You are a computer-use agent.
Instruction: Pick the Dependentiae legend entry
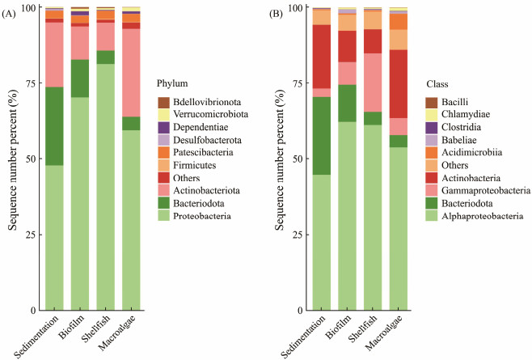[198, 127]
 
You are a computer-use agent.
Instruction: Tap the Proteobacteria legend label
[202, 216]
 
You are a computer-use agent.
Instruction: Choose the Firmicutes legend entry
[195, 165]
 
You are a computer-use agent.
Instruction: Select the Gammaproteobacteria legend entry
[480, 191]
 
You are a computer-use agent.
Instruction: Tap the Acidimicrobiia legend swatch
[432, 153]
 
